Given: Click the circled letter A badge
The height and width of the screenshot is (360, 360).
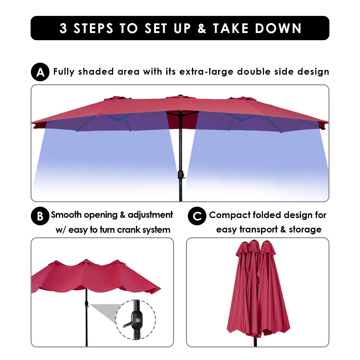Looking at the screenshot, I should click(x=40, y=72).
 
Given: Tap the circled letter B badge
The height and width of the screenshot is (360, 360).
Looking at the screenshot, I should click(x=40, y=216).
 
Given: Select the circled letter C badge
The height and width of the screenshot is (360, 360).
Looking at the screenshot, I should click(x=197, y=216).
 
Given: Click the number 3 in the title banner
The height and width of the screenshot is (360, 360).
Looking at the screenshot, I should click(x=63, y=28).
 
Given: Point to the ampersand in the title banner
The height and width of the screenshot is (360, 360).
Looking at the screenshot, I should click(x=202, y=28).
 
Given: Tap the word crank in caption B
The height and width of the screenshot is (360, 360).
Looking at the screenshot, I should click(x=128, y=230).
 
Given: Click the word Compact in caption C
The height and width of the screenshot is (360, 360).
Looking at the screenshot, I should click(x=229, y=215).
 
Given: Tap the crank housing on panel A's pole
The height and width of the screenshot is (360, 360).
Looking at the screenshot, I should click(x=181, y=175).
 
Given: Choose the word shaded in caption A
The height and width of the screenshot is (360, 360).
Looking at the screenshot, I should click(x=96, y=72).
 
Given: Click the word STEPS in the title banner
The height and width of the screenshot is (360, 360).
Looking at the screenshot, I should click(x=93, y=28).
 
